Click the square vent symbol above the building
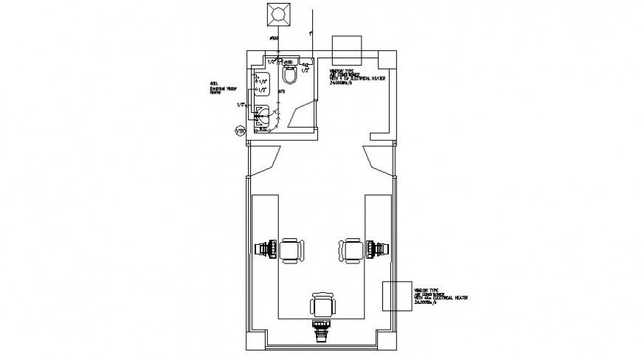[279, 14]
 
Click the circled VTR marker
[239, 131]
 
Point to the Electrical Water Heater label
[220, 88]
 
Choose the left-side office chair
[290, 249]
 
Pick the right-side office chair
[353, 249]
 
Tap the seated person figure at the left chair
[266, 249]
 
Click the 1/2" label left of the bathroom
[240, 105]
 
